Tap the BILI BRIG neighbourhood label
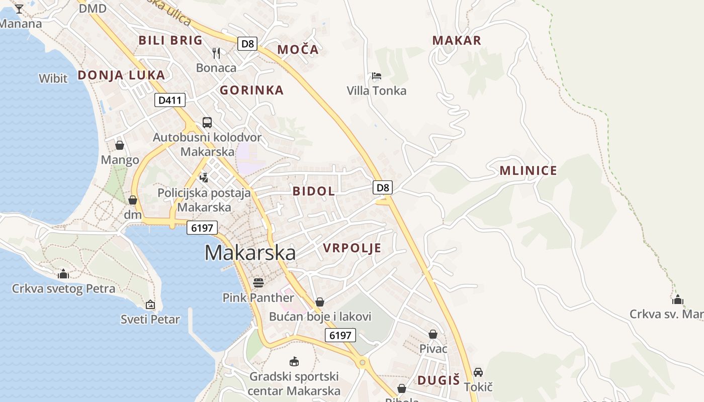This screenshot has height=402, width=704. (170, 40)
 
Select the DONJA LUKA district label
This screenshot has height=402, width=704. (121, 75)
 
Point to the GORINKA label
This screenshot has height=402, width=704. (251, 90)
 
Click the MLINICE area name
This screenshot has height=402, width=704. (528, 171)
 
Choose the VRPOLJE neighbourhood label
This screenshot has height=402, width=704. (352, 248)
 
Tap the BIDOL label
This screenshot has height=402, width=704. (314, 191)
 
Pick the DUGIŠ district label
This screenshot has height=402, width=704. (438, 380)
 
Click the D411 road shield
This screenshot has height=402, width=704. (169, 100)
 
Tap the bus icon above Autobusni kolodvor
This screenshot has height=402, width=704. (207, 122)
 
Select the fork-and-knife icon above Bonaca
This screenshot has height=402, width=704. (216, 53)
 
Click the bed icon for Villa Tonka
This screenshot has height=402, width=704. (377, 76)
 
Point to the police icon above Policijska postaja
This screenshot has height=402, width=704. (204, 177)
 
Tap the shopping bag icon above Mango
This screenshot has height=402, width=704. (120, 145)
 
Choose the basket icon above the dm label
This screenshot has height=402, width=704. (133, 200)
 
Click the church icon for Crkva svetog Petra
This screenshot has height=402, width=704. (63, 274)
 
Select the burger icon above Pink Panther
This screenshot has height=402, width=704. (258, 283)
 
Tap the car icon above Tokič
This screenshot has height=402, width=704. (478, 372)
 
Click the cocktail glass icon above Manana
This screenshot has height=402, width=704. (19, 9)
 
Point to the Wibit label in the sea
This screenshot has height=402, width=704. (53, 78)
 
